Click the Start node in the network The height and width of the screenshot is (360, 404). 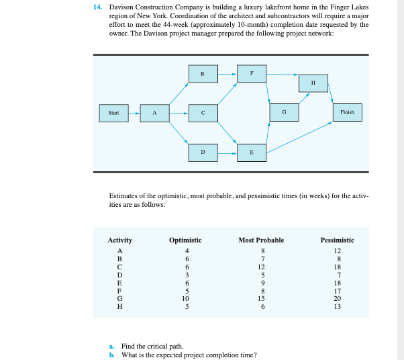pos(113,113)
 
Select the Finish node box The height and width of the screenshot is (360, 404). pos(347,113)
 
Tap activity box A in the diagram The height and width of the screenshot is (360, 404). pos(155,113)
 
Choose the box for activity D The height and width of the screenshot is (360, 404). pos(203,152)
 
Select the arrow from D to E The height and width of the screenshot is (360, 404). pos(227,152)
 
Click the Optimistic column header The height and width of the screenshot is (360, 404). pos(185,240)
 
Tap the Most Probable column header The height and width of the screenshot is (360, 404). pos(261,240)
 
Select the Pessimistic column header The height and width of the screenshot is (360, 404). pos(338,240)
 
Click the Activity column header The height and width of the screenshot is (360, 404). pos(120,240)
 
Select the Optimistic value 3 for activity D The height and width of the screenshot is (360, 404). pos(189,274)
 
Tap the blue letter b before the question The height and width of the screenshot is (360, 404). pos(111,354)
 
